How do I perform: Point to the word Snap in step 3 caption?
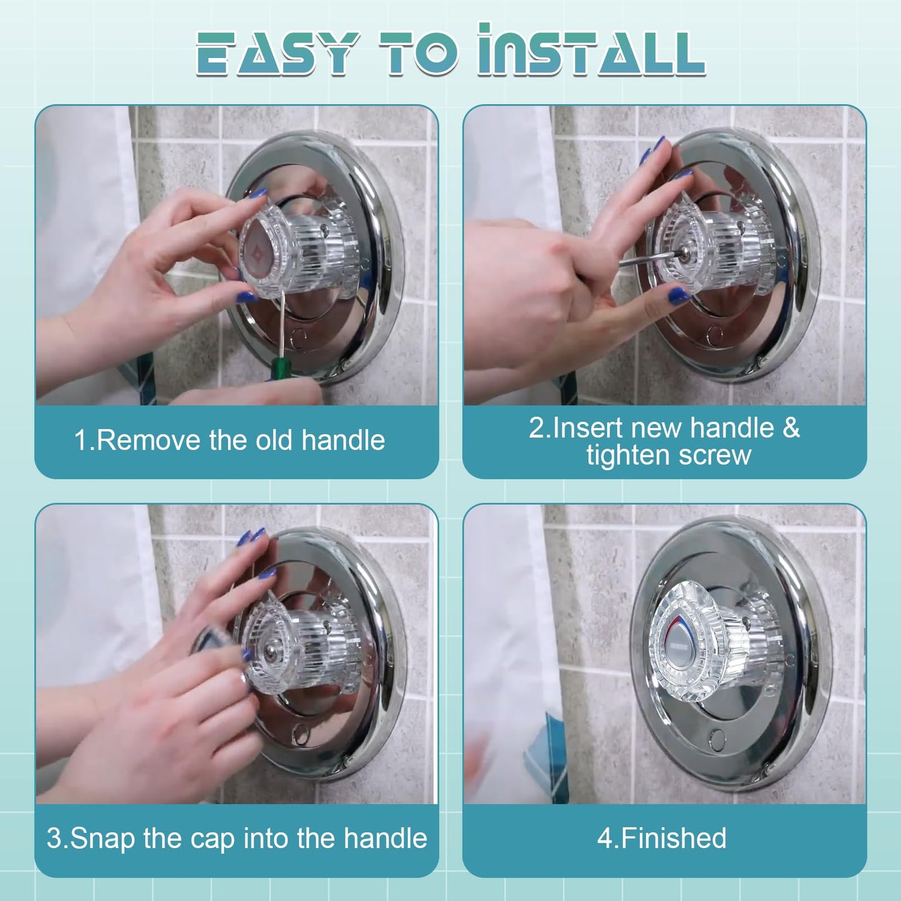(x=103, y=839)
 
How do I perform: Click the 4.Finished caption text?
(x=662, y=839)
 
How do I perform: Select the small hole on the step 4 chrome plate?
(x=718, y=740)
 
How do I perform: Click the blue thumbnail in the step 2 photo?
(x=680, y=295)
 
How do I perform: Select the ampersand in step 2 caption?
(x=791, y=428)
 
